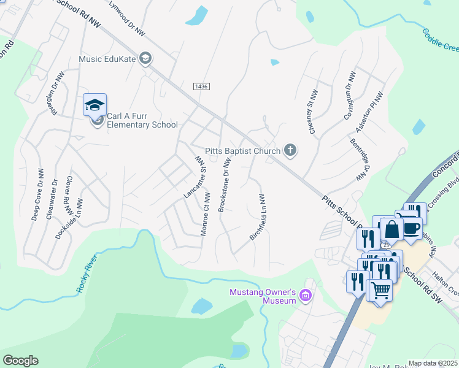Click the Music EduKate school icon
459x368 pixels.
145,59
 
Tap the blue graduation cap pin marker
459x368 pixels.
95,105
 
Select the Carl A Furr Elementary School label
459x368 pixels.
142,120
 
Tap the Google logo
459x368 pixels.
20,361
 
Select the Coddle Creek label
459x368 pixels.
440,39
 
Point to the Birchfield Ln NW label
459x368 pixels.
257,217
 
